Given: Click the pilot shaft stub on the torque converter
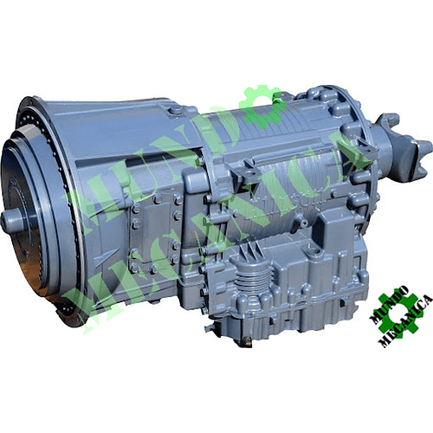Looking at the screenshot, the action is [x=13, y=220].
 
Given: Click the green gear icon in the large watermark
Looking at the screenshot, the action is [x=262, y=107].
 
